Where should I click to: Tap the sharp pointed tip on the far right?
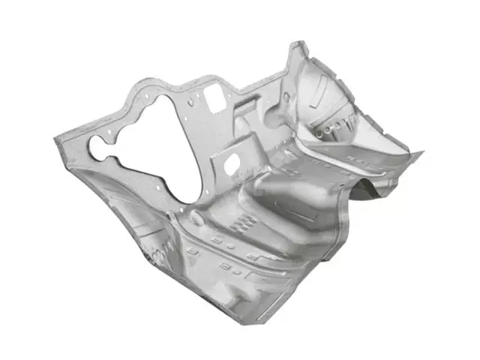click(421, 153)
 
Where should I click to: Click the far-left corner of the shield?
click(54, 139)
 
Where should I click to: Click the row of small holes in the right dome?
click(330, 132)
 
